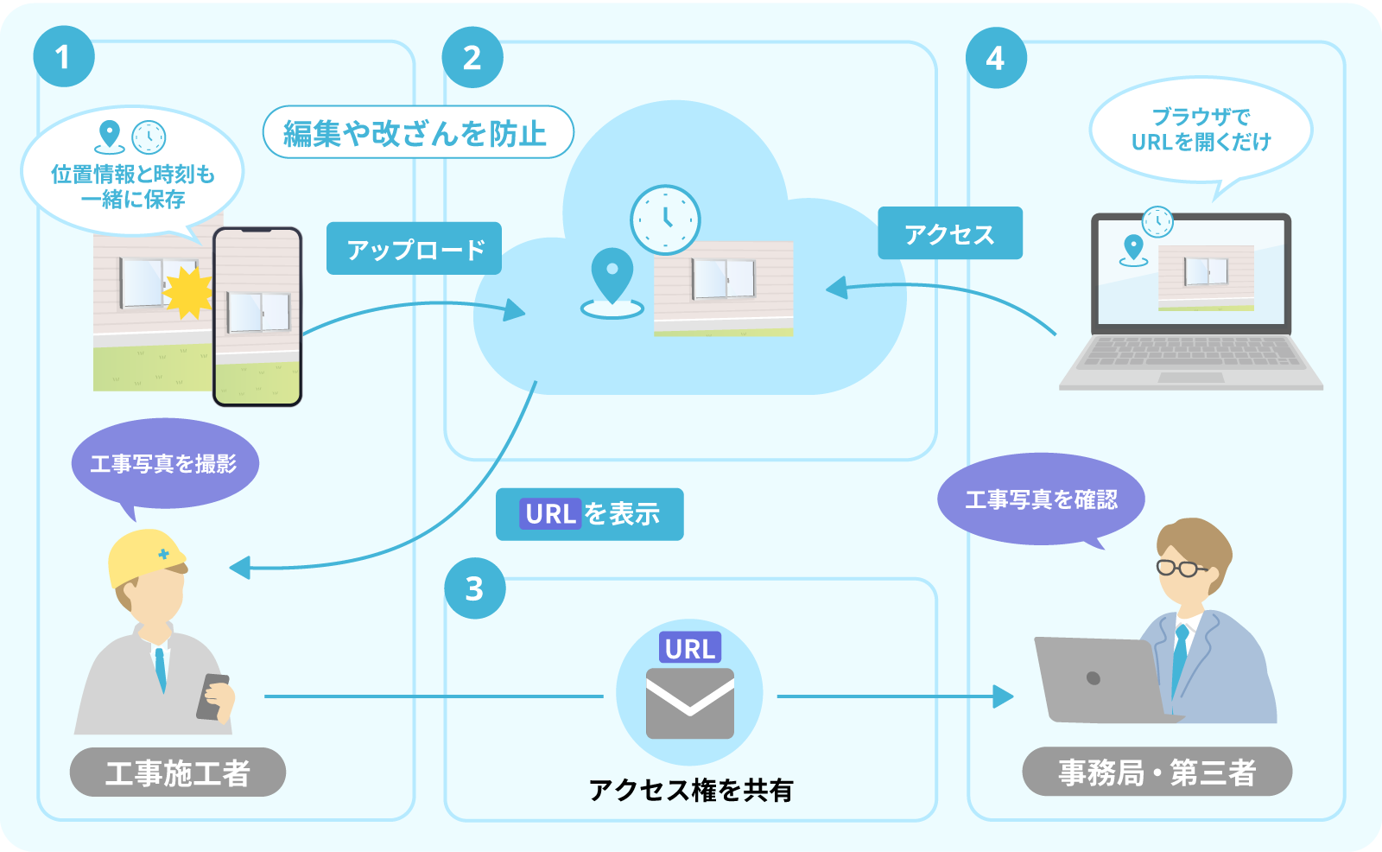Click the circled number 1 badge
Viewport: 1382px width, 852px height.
[63, 57]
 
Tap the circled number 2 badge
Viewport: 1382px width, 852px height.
[472, 58]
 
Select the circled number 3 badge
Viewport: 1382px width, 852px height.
[474, 588]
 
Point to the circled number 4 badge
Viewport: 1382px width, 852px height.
[995, 58]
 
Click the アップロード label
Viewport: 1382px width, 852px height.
[414, 249]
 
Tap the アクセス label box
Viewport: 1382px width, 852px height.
[949, 233]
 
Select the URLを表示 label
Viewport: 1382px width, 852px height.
[589, 514]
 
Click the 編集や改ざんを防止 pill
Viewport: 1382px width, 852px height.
[417, 132]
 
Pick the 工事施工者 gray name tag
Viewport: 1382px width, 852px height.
[177, 772]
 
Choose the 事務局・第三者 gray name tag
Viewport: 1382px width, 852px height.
[1157, 772]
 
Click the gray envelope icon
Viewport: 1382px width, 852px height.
[689, 703]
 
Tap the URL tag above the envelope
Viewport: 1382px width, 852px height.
[689, 648]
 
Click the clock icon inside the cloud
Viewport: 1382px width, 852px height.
[664, 219]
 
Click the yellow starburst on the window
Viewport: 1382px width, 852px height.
[187, 292]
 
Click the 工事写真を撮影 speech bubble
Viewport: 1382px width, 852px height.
[164, 464]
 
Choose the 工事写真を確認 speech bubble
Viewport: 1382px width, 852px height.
[1041, 499]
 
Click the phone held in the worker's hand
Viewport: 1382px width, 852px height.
[212, 696]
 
